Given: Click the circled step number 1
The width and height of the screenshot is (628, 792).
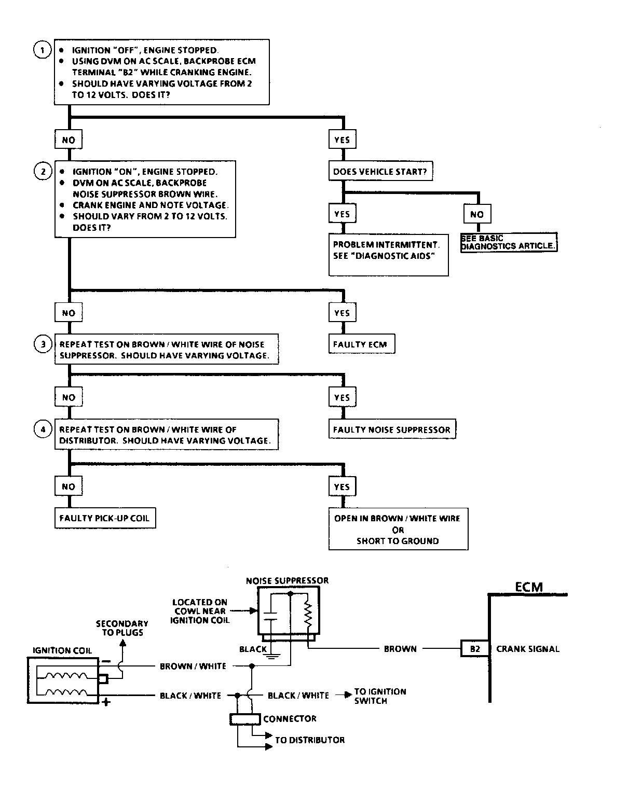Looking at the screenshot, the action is click(x=43, y=50).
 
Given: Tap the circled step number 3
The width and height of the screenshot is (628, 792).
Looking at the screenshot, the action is click(x=43, y=344).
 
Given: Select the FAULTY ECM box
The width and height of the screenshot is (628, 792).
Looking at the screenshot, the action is click(x=362, y=344).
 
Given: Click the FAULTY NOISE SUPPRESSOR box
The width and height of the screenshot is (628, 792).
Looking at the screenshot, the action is click(x=392, y=429).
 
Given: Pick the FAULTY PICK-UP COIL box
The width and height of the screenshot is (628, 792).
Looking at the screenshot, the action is click(x=105, y=518).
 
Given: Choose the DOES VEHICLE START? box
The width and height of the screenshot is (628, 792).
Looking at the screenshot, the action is click(x=380, y=171).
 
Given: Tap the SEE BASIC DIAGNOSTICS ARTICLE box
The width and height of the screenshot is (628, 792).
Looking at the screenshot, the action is click(x=509, y=242).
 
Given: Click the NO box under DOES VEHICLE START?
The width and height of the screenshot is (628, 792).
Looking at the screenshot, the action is click(x=477, y=214).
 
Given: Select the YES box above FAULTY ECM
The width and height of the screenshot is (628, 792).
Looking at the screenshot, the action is click(x=342, y=313).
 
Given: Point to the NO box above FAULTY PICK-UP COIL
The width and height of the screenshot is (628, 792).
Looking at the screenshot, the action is click(x=69, y=487).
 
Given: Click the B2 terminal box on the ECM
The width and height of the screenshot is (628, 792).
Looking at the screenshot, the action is click(x=475, y=648).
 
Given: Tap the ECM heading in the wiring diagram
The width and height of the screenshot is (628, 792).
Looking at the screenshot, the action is click(x=529, y=587).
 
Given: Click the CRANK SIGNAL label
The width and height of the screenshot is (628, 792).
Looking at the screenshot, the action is click(x=528, y=649).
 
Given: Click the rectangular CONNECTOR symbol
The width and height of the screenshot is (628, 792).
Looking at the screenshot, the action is click(x=245, y=719).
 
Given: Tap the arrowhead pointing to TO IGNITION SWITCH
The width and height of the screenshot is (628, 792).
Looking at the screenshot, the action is click(x=348, y=695).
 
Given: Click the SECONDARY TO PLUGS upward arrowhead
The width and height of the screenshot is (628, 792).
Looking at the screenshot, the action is click(x=123, y=643).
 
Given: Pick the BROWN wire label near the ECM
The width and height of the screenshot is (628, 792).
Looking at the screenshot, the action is click(x=400, y=649).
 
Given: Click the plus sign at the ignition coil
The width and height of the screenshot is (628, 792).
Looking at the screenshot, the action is click(x=106, y=703).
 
